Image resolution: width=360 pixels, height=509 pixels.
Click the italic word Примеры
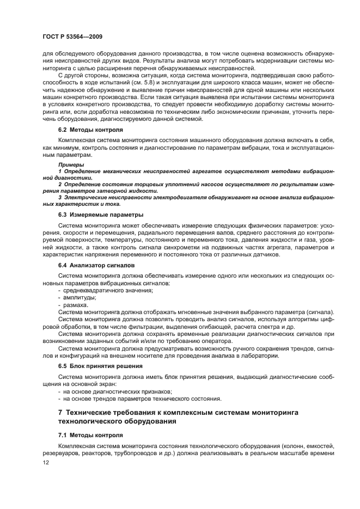(71, 164)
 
